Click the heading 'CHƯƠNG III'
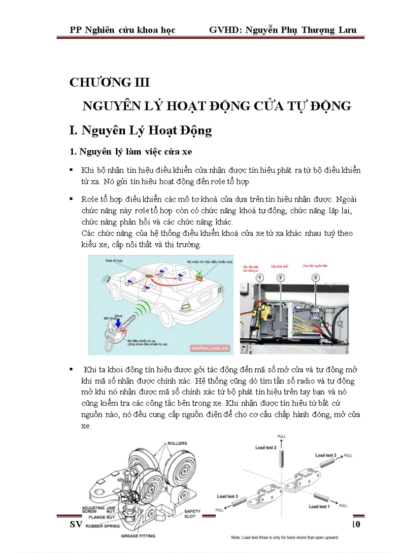pos(109,82)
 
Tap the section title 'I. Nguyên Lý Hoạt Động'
pos(140,130)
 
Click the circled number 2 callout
pos(280,278)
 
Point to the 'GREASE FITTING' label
pos(138,536)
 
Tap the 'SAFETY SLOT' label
pos(192,514)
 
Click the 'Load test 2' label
pos(266,448)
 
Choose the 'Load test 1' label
pos(319,506)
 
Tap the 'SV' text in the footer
pos(75,524)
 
